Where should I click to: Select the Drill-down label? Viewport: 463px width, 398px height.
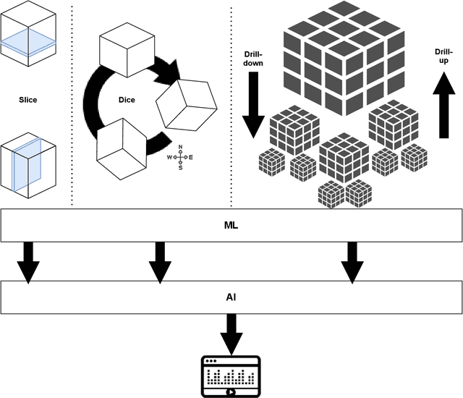point(254,59)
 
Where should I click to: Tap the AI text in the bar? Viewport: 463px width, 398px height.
point(231,297)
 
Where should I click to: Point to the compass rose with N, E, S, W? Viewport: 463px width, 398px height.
point(180,156)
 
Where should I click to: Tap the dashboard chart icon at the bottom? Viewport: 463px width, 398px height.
point(231,376)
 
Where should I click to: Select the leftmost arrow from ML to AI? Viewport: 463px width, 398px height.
point(29,262)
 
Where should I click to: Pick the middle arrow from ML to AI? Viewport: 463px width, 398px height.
point(159,262)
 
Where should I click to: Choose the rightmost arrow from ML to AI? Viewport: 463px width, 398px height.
point(352,262)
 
